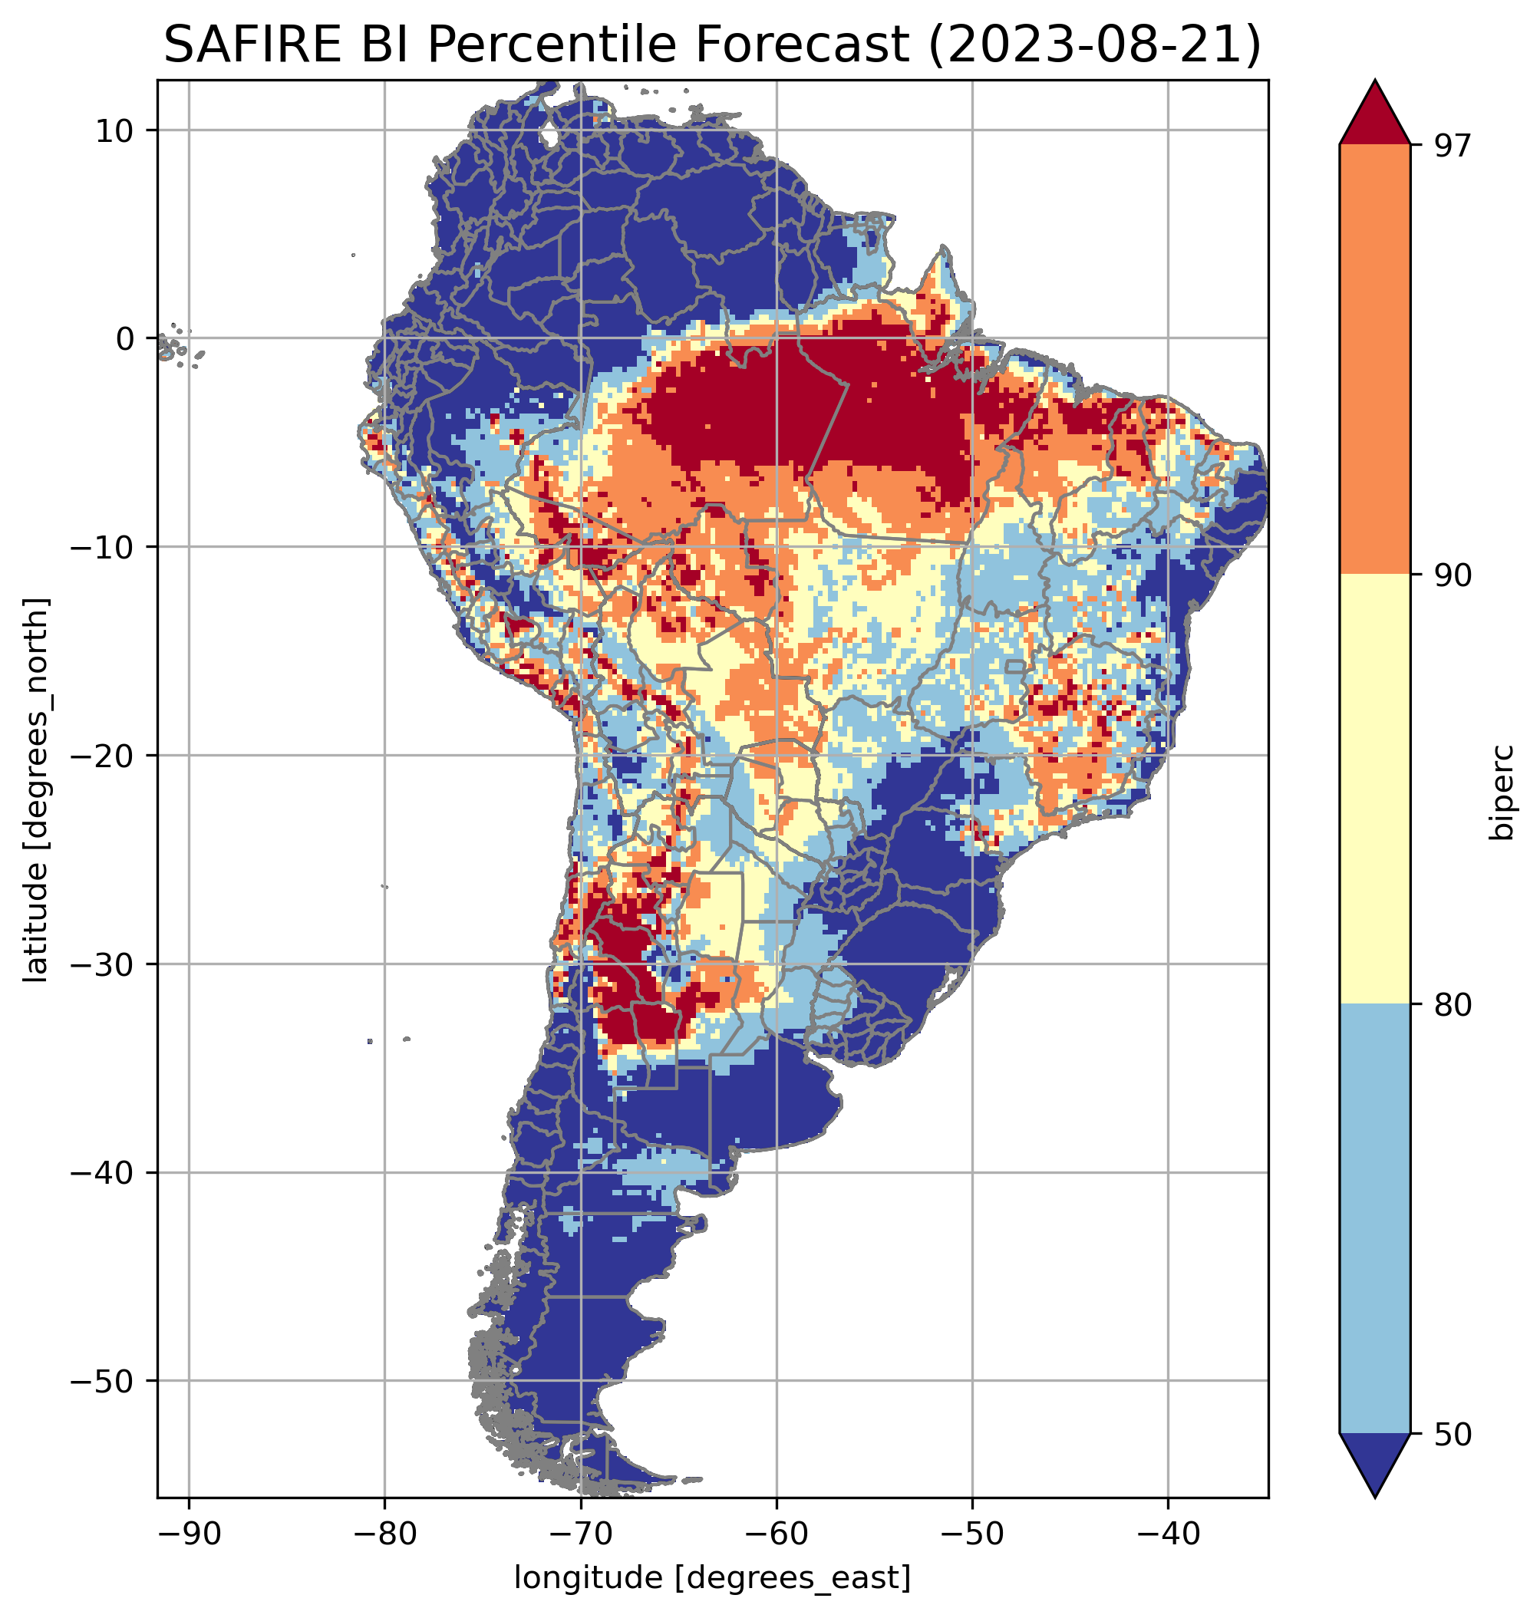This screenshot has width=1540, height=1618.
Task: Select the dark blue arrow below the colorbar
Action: [1374, 1465]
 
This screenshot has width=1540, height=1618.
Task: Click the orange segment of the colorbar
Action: [1374, 360]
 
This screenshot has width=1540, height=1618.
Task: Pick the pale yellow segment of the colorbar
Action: [1374, 788]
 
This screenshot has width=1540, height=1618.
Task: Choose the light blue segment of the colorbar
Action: [1374, 1219]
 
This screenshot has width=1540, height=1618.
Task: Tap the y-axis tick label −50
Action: [103, 1382]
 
